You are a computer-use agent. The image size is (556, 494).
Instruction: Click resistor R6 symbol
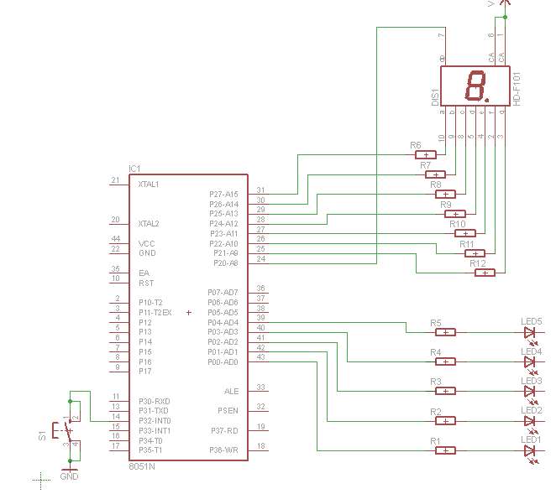(427, 155)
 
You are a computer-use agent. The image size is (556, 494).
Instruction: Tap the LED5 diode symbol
(529, 332)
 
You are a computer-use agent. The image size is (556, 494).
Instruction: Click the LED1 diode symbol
(529, 450)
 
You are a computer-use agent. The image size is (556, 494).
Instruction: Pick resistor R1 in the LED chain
(445, 450)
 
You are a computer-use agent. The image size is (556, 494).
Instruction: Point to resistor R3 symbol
(445, 391)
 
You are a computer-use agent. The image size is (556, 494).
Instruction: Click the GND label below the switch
(69, 476)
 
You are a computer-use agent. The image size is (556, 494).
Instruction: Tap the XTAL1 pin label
(149, 184)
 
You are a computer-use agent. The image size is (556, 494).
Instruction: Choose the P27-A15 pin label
(223, 194)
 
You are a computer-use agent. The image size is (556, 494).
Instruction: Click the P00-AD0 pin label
(223, 362)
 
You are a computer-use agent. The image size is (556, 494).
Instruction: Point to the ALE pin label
(231, 392)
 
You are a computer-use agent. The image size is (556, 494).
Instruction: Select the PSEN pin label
(228, 411)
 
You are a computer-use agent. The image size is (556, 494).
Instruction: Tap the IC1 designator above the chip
(134, 169)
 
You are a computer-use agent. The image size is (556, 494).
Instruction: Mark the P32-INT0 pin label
(155, 421)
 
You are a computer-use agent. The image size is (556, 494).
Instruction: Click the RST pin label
(145, 283)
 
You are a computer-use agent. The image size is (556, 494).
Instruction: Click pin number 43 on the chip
(260, 357)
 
